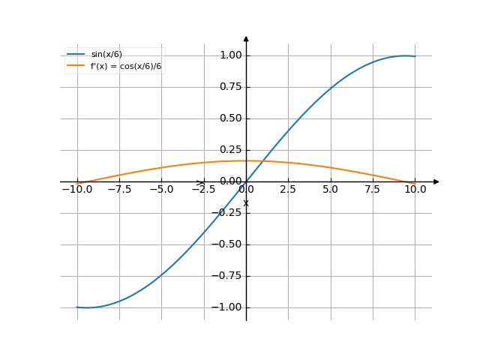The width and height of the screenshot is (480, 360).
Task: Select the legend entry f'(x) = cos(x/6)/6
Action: pyautogui.click(x=126, y=66)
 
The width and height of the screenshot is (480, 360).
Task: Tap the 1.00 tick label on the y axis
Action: pyautogui.click(x=230, y=55)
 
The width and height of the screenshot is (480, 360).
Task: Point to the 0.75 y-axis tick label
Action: pyautogui.click(x=230, y=87)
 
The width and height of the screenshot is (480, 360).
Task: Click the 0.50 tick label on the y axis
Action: pyautogui.click(x=230, y=118)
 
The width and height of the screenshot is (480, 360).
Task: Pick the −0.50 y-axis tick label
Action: pyautogui.click(x=228, y=244)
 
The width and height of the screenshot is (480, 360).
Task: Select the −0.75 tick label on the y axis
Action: pyautogui.click(x=228, y=276)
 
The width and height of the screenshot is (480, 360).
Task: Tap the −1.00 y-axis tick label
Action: pyautogui.click(x=228, y=307)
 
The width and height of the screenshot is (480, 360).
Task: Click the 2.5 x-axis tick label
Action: pyautogui.click(x=289, y=190)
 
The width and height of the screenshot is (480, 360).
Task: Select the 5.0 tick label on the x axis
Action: pyautogui.click(x=331, y=190)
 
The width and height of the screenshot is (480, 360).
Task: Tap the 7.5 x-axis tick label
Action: pyautogui.click(x=373, y=190)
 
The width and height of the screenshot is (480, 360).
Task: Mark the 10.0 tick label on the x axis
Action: pyautogui.click(x=415, y=190)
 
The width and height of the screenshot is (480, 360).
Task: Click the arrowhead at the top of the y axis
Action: pyautogui.click(x=246, y=38)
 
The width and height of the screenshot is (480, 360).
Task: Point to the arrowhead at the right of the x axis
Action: pyautogui.click(x=436, y=181)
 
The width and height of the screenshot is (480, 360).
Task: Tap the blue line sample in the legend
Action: pyautogui.click(x=76, y=55)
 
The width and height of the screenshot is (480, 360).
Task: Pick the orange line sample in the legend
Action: pyautogui.click(x=76, y=66)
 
